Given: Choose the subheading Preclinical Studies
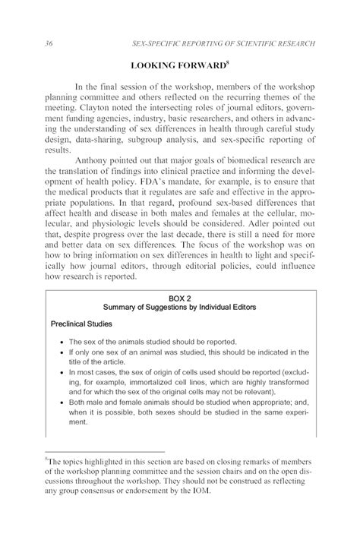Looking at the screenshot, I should coord(82,323).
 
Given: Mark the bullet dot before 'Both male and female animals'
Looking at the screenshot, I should coord(61,402).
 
